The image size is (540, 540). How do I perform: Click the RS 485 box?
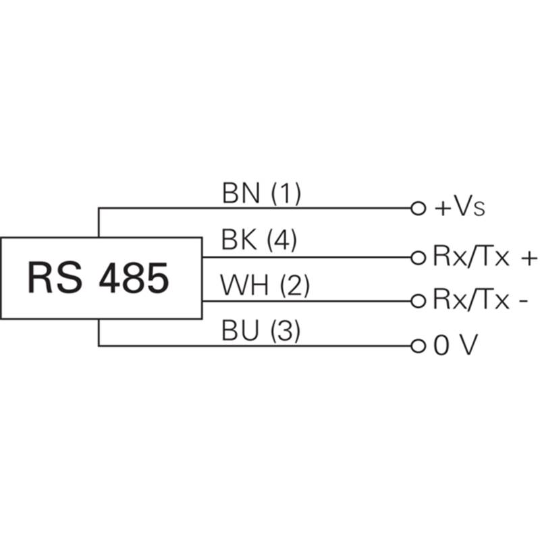(x=101, y=278)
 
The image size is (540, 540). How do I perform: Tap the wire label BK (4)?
(x=259, y=241)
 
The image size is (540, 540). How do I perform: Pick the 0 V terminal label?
(x=455, y=346)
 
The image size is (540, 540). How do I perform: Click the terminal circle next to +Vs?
(x=418, y=208)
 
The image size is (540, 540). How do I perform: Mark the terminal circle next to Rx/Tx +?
(x=418, y=257)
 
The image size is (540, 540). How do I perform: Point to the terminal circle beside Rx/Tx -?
(x=418, y=300)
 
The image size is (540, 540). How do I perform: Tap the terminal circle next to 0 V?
(x=418, y=346)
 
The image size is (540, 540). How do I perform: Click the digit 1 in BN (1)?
(x=286, y=194)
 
